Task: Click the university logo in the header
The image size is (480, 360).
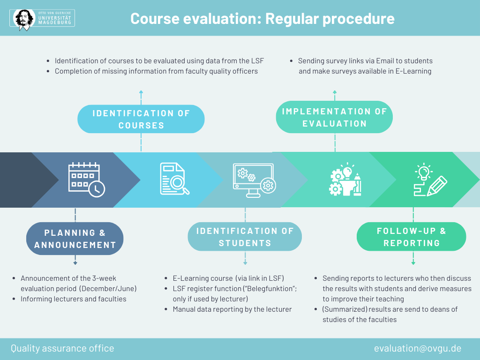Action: point(42,18)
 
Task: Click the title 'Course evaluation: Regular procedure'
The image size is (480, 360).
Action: point(262,19)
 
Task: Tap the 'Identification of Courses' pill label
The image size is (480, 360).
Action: point(141,119)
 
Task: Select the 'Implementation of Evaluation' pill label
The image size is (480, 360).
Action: point(334,117)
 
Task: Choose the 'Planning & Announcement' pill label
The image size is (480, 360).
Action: point(75,239)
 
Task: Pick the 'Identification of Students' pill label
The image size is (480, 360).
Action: point(245,237)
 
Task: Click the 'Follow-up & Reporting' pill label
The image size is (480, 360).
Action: point(412,237)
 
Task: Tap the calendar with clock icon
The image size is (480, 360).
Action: point(87,180)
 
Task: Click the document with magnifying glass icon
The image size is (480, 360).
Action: point(174,179)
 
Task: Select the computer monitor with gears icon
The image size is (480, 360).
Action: point(254,180)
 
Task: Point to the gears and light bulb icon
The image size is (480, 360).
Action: point(345,180)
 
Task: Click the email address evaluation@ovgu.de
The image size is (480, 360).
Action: point(418,348)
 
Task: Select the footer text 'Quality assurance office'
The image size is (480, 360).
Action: point(62,348)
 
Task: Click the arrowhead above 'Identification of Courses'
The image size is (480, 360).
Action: point(141,92)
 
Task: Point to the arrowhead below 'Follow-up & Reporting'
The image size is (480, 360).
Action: point(413,263)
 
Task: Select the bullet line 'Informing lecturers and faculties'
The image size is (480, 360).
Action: point(74,299)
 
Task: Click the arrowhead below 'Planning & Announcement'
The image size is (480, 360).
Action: point(75,263)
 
